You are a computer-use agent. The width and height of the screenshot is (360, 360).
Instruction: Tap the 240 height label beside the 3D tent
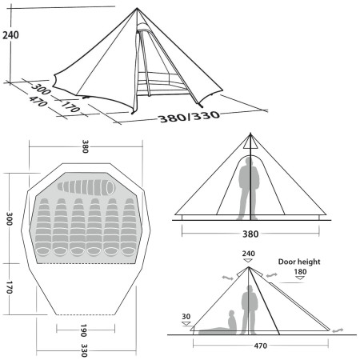click(10, 35)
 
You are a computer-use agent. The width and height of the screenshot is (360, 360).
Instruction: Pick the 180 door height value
click(300, 273)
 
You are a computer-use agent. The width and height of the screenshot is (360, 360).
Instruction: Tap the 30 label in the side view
click(186, 317)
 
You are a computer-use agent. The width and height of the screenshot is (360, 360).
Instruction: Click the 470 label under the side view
click(261, 346)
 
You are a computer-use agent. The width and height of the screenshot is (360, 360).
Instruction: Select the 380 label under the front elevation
click(250, 234)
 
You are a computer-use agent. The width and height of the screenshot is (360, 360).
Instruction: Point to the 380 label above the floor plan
click(86, 146)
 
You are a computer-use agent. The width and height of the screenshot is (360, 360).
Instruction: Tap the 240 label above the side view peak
click(248, 254)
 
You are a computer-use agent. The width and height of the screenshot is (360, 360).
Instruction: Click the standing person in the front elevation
click(250, 185)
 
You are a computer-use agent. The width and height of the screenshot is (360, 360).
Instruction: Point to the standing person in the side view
click(250, 309)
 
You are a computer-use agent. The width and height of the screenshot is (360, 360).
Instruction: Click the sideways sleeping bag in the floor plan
click(86, 186)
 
